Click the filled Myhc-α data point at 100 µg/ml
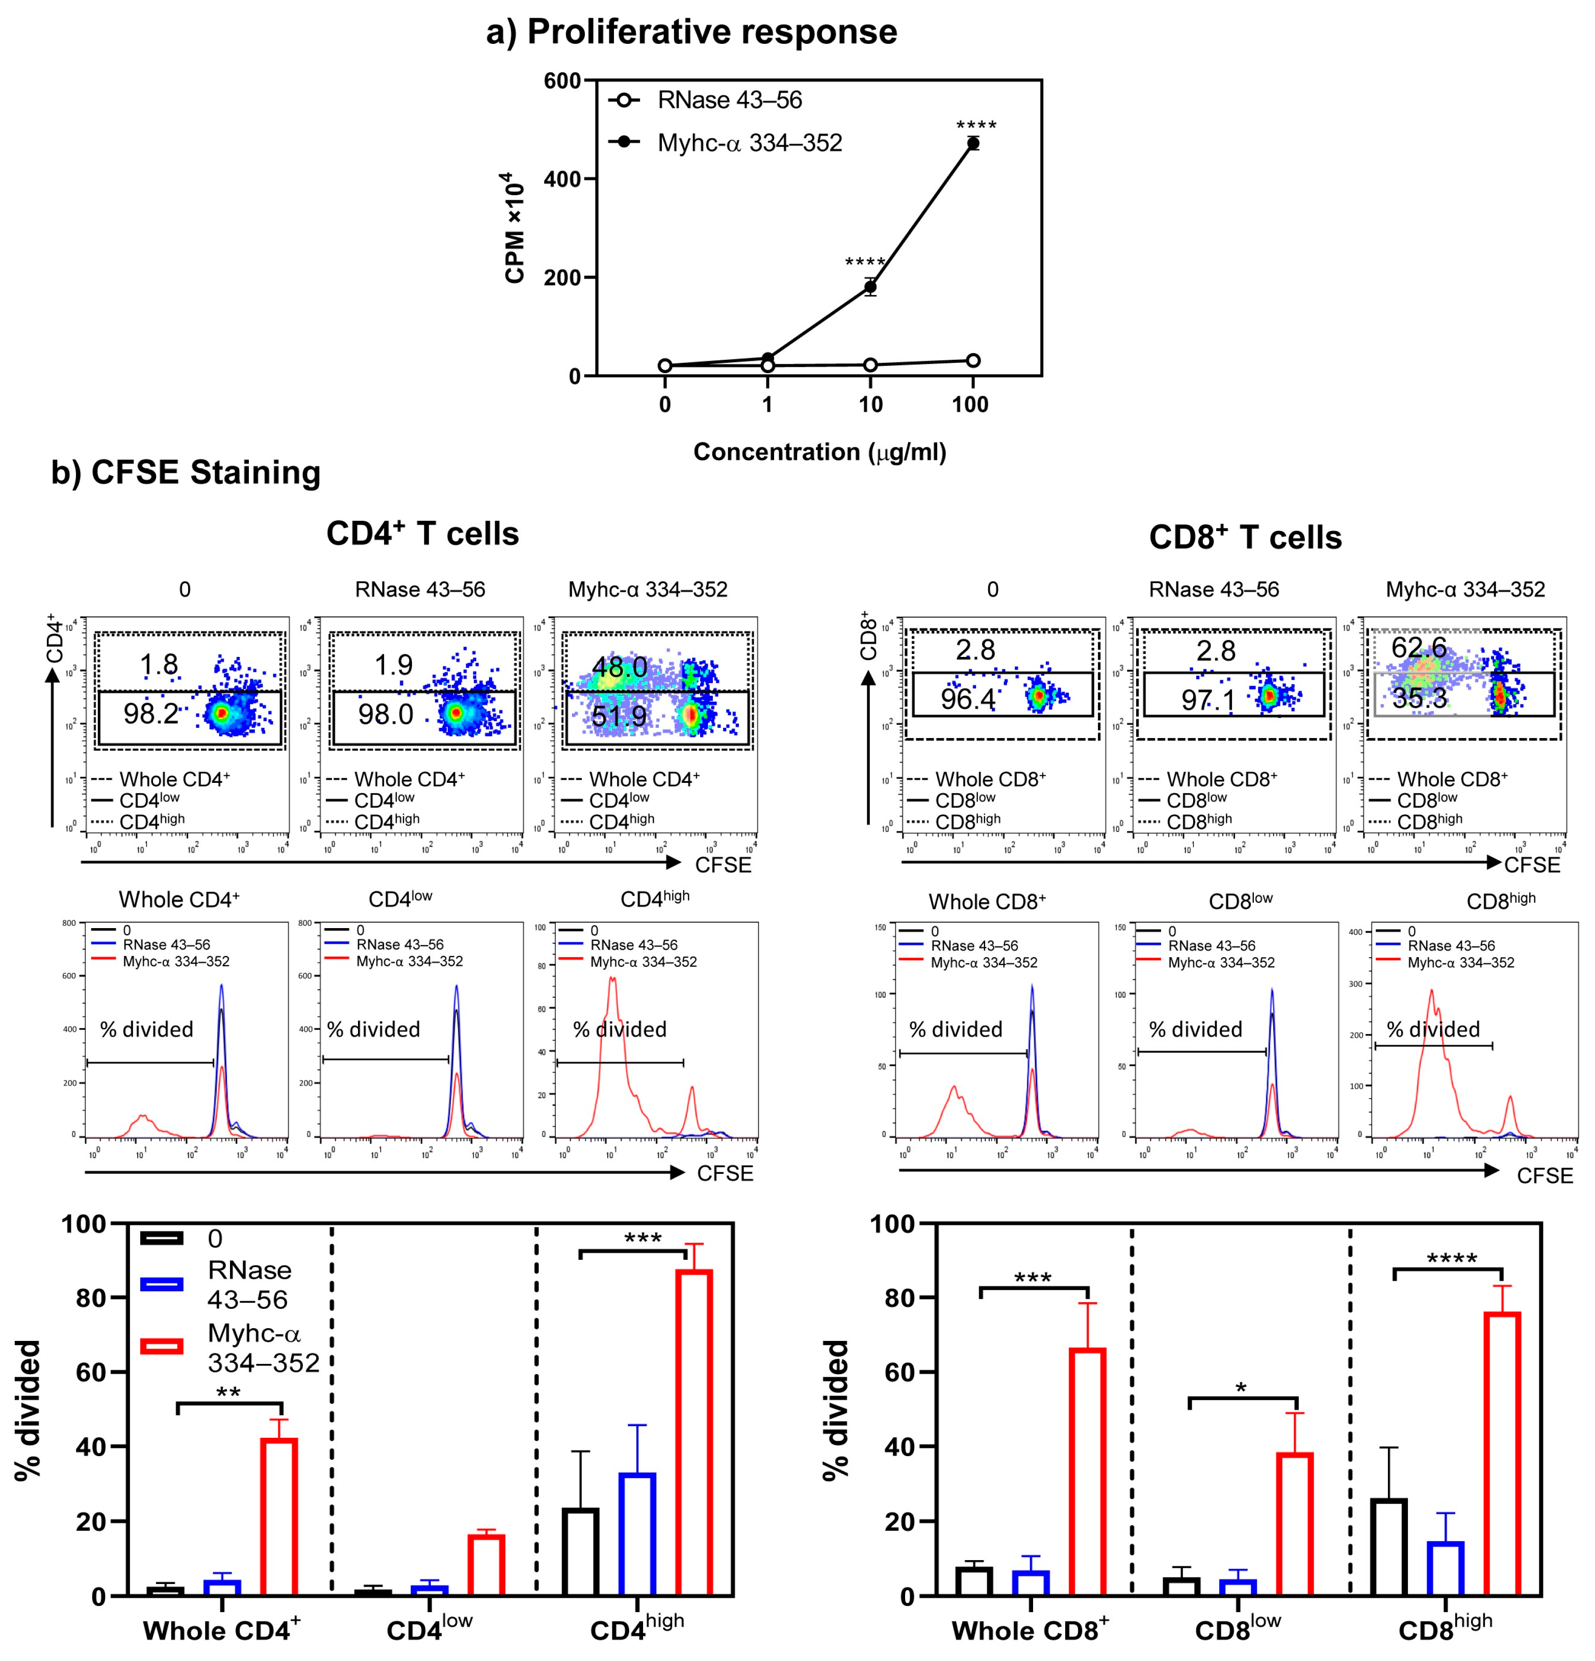(972, 143)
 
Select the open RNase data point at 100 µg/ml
(972, 360)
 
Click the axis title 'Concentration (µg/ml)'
(819, 452)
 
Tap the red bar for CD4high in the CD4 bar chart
(693, 1432)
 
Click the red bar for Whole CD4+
(278, 1517)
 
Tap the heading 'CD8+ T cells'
(1244, 537)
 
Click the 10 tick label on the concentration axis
(870, 404)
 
